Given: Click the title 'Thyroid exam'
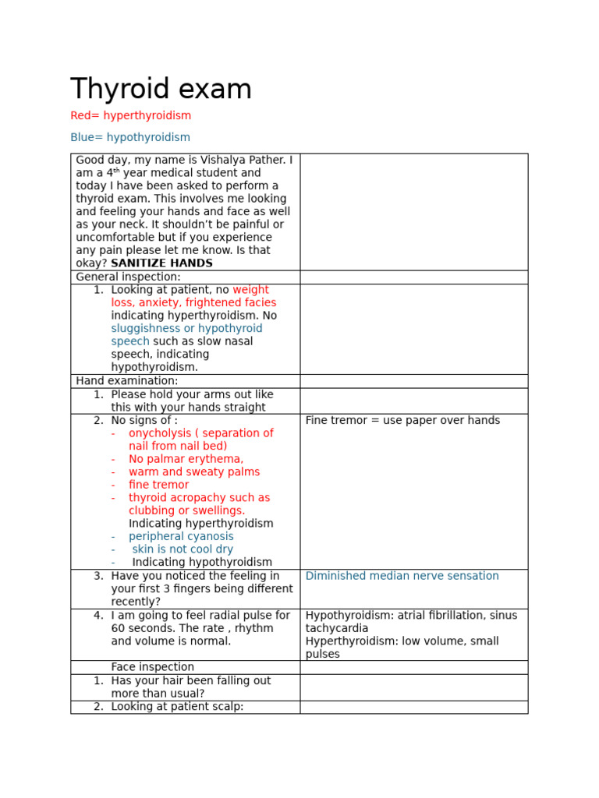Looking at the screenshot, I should [x=161, y=90].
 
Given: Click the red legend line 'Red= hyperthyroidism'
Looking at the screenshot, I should [x=130, y=115].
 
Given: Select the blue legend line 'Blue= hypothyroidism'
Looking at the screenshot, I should [x=130, y=137].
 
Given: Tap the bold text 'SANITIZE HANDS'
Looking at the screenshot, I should [x=161, y=263].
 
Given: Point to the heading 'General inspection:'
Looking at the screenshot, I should [x=128, y=277].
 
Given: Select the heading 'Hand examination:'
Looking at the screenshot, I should [x=126, y=380].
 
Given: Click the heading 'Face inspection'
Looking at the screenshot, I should [x=152, y=667].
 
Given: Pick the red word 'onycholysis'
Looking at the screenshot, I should [x=158, y=433].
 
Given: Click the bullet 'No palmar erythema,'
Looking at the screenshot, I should [x=186, y=459].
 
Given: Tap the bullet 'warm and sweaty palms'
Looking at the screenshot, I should [x=194, y=471].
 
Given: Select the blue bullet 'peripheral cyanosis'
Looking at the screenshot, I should [x=181, y=536].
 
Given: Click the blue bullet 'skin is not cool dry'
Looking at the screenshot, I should [x=183, y=549].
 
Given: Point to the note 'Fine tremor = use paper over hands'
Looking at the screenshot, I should [x=402, y=420].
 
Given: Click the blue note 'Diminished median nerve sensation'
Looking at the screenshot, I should [x=402, y=576].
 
